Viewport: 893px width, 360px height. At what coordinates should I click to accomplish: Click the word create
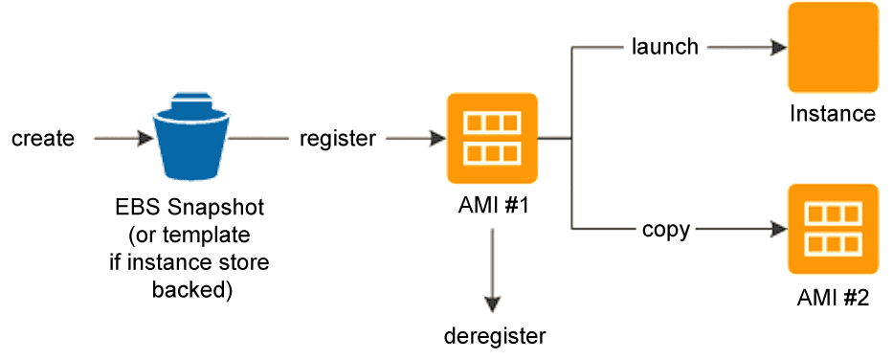click(x=43, y=139)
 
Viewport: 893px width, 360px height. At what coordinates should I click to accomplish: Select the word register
click(x=337, y=139)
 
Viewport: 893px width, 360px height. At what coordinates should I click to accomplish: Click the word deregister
click(x=495, y=335)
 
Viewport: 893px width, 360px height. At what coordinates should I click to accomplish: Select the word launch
click(x=665, y=46)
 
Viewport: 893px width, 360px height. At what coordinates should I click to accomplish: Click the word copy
click(x=666, y=230)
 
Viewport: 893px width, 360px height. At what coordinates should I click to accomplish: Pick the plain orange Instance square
click(x=832, y=48)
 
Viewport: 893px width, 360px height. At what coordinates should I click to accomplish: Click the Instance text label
click(x=832, y=114)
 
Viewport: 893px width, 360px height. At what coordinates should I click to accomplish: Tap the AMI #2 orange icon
click(x=832, y=230)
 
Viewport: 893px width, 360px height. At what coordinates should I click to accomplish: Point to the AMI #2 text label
click(x=832, y=298)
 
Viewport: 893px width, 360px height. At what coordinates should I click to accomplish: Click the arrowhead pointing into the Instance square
click(x=774, y=46)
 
